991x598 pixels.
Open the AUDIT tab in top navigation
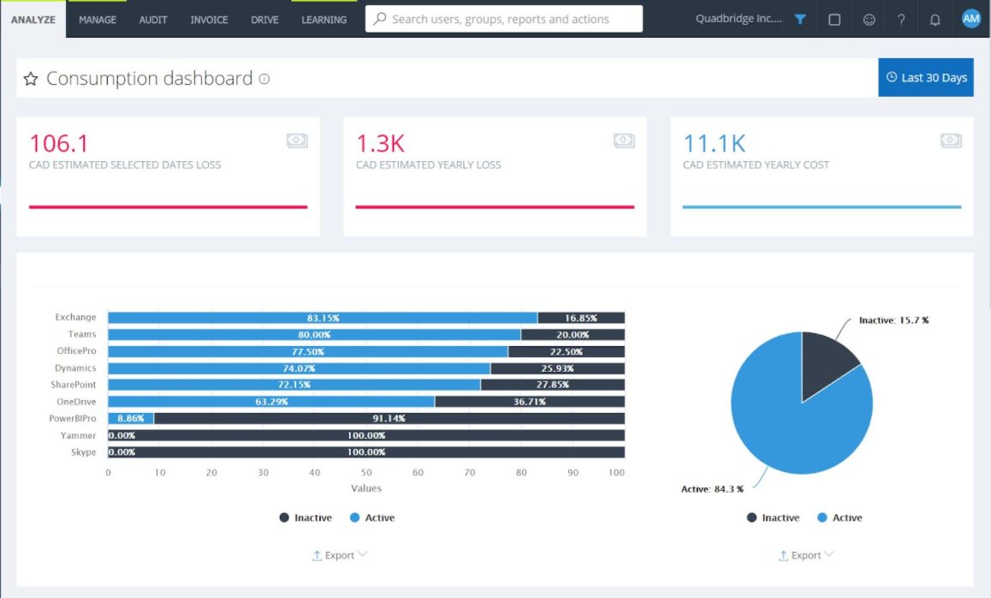tap(153, 19)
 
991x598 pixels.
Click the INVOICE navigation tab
tap(208, 19)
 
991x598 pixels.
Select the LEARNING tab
tap(323, 19)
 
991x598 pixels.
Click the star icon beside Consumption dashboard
tap(31, 79)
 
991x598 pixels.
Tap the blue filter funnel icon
tap(799, 19)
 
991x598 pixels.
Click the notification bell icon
tap(935, 20)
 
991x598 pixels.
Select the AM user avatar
tap(970, 19)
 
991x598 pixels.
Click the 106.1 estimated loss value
tap(59, 143)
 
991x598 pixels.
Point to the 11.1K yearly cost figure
tap(714, 143)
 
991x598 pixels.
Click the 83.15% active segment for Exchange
tap(323, 318)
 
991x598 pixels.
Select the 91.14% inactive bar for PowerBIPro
tap(389, 419)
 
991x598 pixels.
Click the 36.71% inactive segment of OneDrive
tap(529, 402)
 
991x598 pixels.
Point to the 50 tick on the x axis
tap(366, 473)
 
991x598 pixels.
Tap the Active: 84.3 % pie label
tap(712, 489)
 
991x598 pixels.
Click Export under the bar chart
tap(339, 555)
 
